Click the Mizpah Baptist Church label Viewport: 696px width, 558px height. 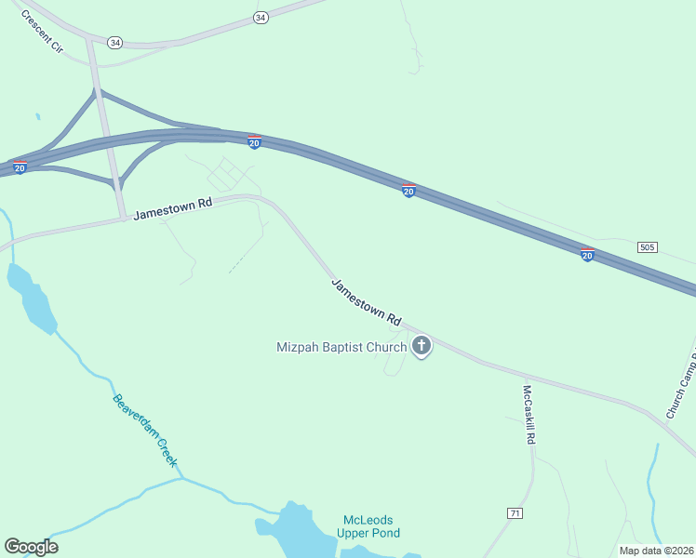coord(341,348)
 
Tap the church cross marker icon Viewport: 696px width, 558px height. coord(422,347)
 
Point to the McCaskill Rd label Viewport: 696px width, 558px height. coord(528,414)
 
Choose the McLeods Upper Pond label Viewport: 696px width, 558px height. coord(371,526)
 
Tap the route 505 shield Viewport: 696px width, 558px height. coord(648,246)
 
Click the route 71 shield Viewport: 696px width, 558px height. coord(515,513)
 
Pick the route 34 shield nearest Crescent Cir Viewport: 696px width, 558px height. coord(114,43)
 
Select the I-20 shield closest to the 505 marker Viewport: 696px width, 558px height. coord(587,254)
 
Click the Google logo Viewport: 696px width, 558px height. coord(31,547)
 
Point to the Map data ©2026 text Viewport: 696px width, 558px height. coord(656,550)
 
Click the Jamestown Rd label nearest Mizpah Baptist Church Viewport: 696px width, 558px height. coord(366,300)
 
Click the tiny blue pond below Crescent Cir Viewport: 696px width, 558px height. coord(37,117)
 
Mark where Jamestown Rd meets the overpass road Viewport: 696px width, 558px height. coord(123,219)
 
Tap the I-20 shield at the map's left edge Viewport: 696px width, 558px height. coord(20,168)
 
